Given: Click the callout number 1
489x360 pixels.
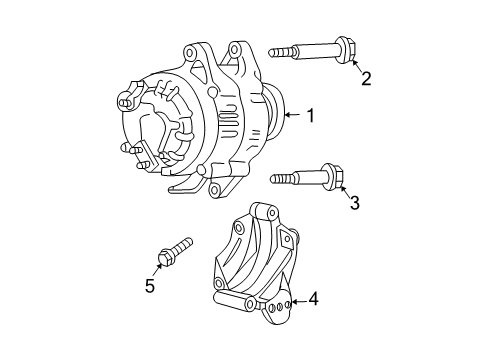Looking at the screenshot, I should (x=311, y=117).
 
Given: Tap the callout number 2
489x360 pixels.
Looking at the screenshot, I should (x=366, y=78).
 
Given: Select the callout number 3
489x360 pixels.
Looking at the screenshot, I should (x=352, y=203).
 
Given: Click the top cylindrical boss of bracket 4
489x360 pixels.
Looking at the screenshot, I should (x=262, y=212).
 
